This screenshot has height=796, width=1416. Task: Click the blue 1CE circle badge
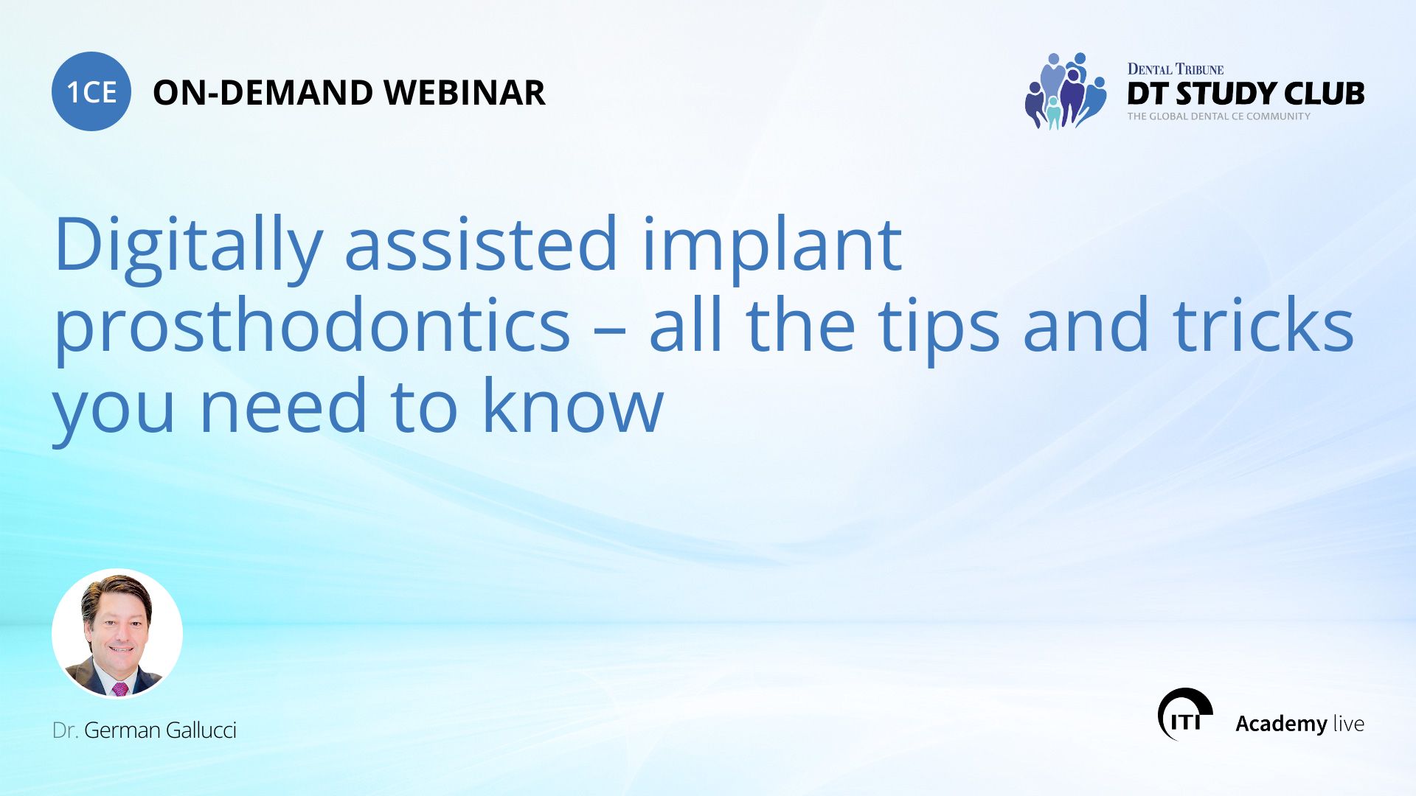coord(91,91)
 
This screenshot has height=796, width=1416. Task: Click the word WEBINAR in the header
coord(465,93)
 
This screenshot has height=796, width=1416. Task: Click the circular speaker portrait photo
coord(117,634)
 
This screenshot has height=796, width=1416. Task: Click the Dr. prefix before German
coord(65,730)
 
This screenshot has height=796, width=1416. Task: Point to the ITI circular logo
coord(1185,714)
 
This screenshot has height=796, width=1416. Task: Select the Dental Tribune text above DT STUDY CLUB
coord(1176,69)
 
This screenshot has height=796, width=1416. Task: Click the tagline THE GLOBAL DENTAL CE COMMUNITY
coord(1219,116)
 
